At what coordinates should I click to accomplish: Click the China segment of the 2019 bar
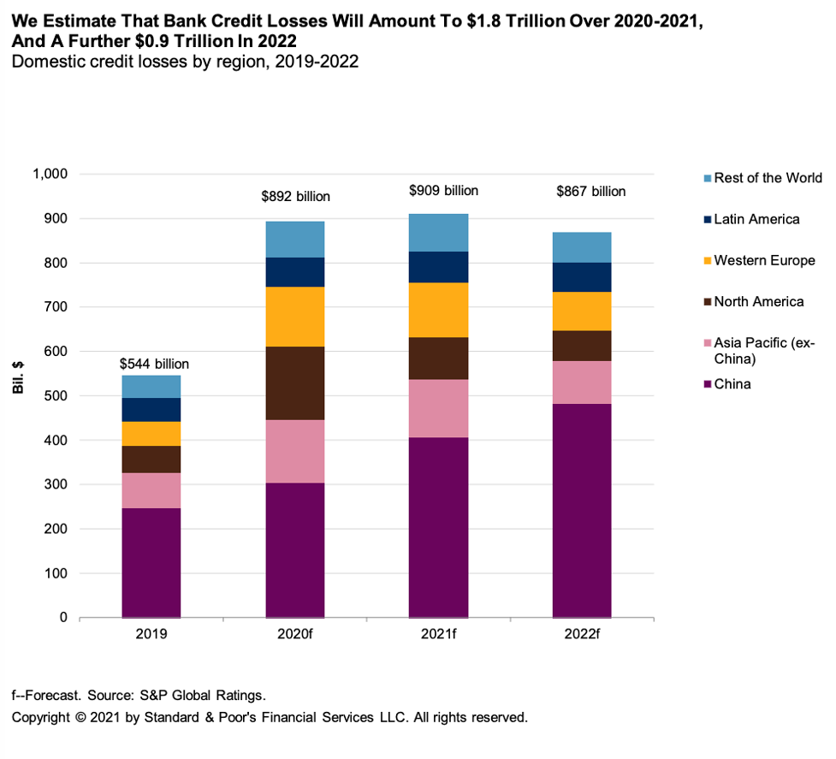click(151, 562)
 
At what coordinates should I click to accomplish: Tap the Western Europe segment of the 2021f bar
click(438, 310)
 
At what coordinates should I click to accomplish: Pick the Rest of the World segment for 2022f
click(582, 247)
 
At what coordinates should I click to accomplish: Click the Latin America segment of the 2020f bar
click(295, 272)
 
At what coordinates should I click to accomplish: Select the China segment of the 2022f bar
click(582, 510)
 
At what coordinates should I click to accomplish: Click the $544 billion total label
click(154, 364)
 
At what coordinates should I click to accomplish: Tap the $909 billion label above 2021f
click(443, 191)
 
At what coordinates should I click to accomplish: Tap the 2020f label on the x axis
click(294, 635)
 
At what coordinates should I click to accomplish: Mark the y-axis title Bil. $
click(18, 377)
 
